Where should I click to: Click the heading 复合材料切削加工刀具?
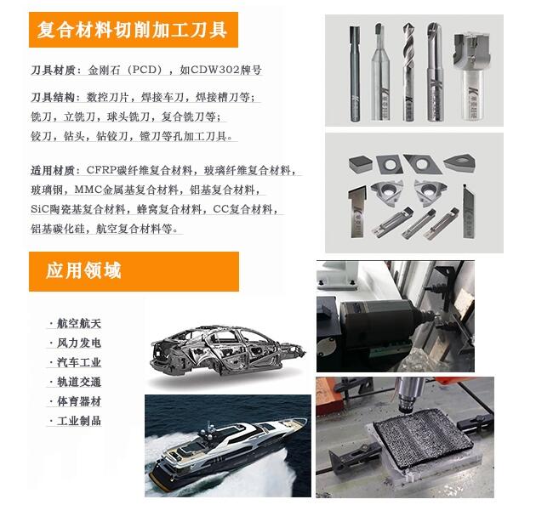[133, 30]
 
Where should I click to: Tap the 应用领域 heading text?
[83, 271]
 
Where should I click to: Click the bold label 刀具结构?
[52, 98]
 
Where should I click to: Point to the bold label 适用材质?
[52, 170]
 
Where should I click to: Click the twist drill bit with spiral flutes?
[408, 71]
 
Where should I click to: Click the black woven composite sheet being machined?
[423, 438]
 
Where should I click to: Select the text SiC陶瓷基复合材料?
[78, 209]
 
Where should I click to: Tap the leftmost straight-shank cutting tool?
[355, 74]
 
